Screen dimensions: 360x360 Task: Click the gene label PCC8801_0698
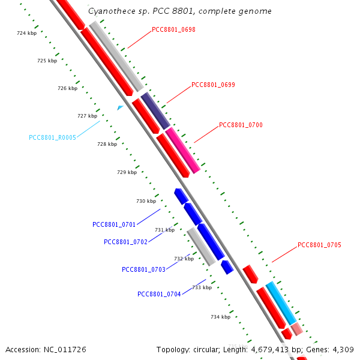click(173, 29)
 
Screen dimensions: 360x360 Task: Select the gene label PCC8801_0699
click(213, 85)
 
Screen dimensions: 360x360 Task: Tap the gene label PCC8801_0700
click(241, 125)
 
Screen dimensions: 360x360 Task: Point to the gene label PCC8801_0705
click(319, 245)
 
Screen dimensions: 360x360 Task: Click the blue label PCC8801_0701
click(114, 224)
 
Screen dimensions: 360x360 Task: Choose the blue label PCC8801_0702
click(125, 242)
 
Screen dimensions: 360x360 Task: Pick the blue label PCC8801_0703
click(143, 269)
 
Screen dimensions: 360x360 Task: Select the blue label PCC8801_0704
click(159, 294)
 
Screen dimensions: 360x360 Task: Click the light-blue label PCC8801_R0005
click(52, 137)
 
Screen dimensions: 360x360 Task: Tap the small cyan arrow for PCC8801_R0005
click(120, 107)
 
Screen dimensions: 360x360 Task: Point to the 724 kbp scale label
click(26, 34)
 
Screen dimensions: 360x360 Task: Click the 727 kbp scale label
click(87, 116)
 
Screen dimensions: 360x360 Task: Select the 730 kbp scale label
click(146, 201)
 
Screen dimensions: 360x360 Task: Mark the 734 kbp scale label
click(220, 317)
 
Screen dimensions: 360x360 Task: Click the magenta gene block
click(182, 150)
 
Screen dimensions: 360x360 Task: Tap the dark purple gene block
click(155, 110)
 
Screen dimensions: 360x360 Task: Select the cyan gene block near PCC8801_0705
click(281, 302)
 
